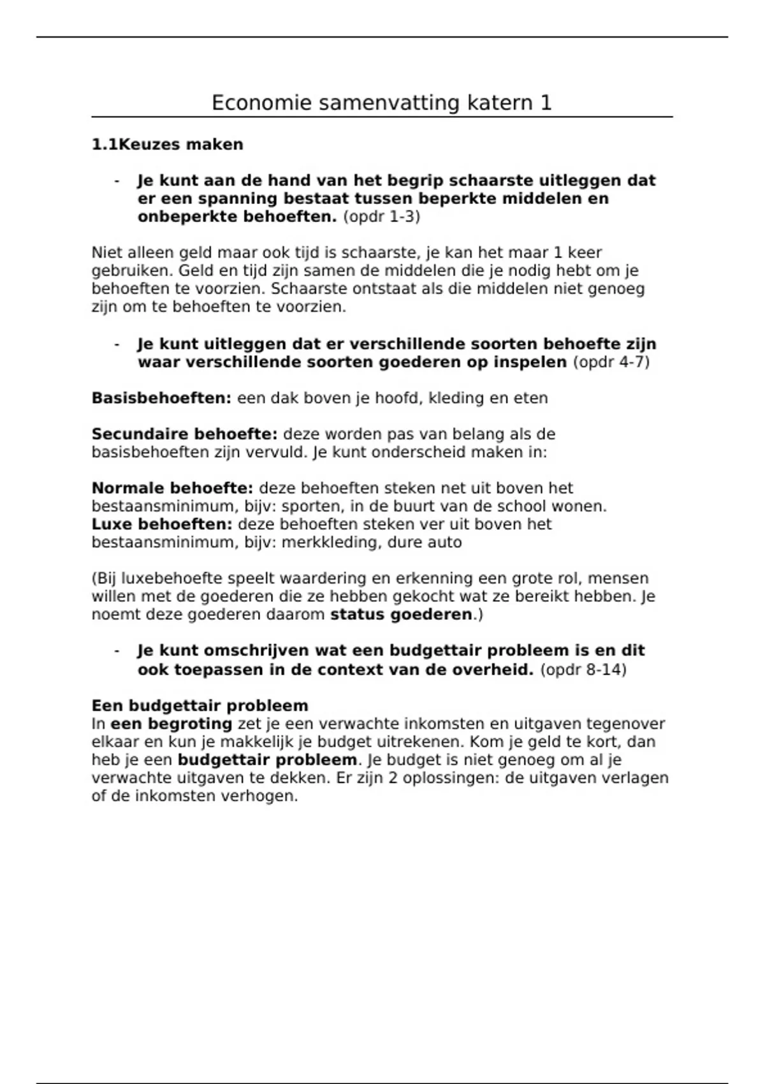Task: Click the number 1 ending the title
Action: (546, 103)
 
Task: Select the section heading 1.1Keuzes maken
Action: (167, 145)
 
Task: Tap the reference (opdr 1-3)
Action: (381, 217)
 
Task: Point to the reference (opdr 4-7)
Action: (611, 362)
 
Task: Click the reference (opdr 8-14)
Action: (583, 670)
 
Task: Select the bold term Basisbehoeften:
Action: (161, 399)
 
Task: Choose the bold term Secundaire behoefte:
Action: (184, 434)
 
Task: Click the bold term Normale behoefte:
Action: (172, 488)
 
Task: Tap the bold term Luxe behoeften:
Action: (162, 524)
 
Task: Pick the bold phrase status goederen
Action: (401, 615)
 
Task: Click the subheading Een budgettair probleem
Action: (200, 706)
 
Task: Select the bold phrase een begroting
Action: (171, 724)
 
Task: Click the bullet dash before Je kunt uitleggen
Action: (117, 344)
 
